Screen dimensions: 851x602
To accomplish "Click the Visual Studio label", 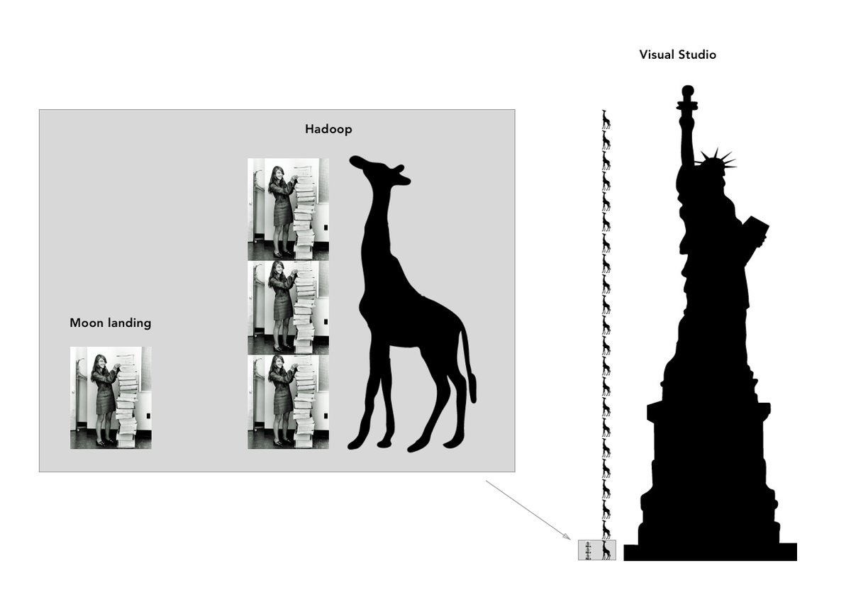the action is (677, 55).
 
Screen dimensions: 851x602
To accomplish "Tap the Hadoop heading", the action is (328, 129).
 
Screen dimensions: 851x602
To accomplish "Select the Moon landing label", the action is (110, 323).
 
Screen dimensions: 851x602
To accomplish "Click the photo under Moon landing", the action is (111, 397).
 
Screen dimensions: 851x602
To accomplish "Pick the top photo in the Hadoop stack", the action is (288, 209).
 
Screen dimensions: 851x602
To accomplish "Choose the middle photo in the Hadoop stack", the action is (288, 307).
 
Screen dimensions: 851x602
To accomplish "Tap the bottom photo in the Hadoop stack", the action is (288, 401).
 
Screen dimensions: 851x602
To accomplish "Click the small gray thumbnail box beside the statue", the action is (596, 550).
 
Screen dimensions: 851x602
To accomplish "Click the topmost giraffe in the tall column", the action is (606, 119).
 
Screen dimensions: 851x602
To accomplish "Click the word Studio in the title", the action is (696, 55).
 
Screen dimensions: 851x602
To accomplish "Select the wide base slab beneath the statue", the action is (710, 552).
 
